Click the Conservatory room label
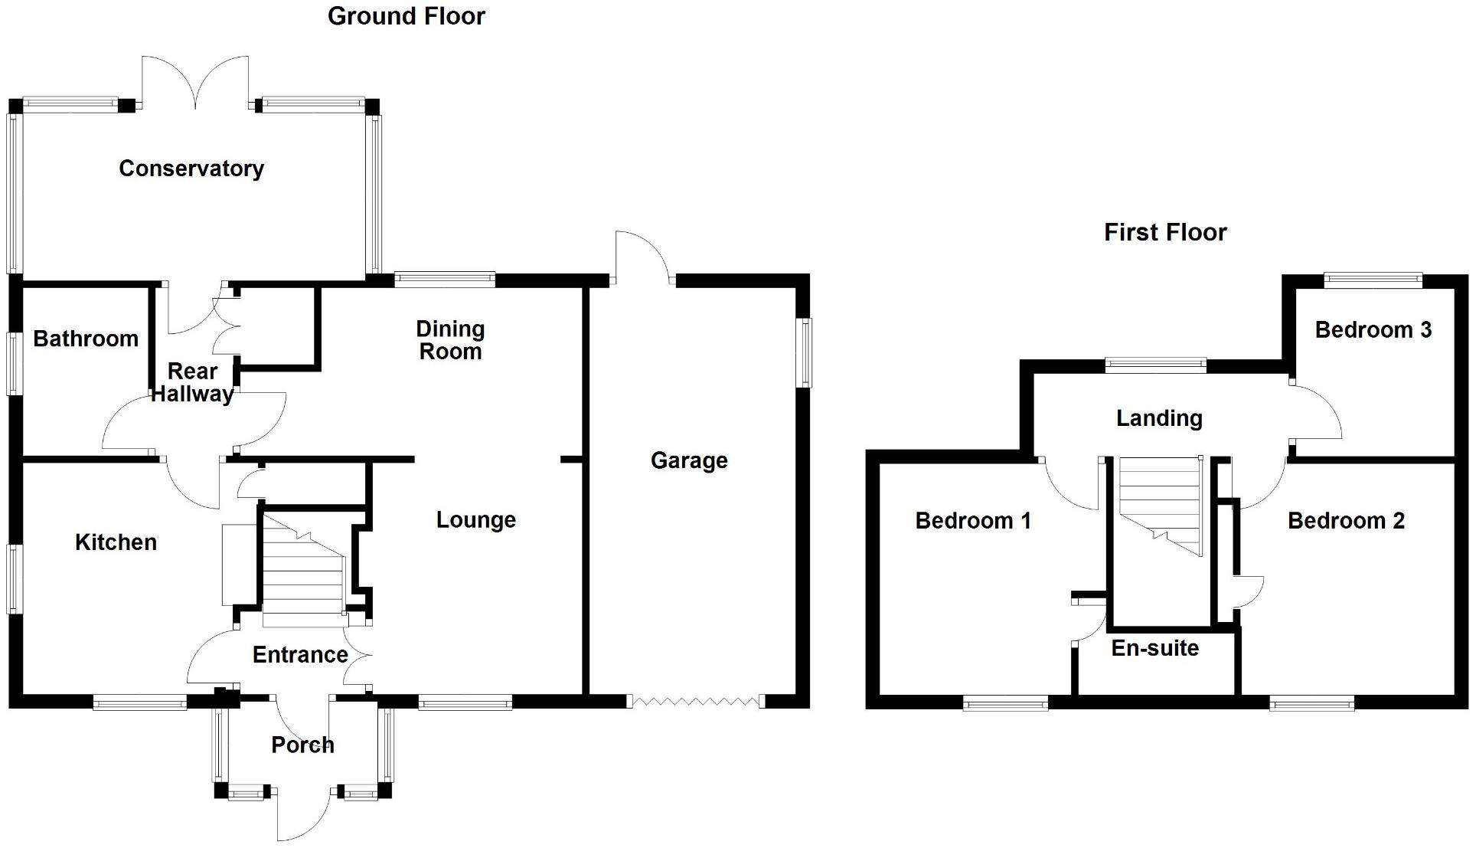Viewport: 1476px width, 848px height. (x=191, y=169)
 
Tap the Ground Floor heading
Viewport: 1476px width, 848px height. (x=406, y=16)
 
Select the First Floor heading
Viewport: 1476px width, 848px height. (x=1164, y=232)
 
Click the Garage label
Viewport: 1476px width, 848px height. (x=689, y=460)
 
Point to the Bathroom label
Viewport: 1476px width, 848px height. (x=86, y=339)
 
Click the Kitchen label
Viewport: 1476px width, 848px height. (x=116, y=542)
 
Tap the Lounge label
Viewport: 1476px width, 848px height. (x=475, y=520)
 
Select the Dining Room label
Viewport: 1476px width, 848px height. (x=450, y=340)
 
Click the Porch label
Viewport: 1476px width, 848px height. (x=302, y=745)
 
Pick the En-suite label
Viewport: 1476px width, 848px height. (x=1154, y=648)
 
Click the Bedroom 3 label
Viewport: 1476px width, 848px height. (x=1373, y=330)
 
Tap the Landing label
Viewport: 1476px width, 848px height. (x=1159, y=418)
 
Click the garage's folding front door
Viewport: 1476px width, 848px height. (x=695, y=701)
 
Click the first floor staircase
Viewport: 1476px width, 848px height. (x=1161, y=506)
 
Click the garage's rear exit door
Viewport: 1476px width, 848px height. (x=643, y=257)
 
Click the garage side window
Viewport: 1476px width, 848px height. (x=804, y=352)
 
